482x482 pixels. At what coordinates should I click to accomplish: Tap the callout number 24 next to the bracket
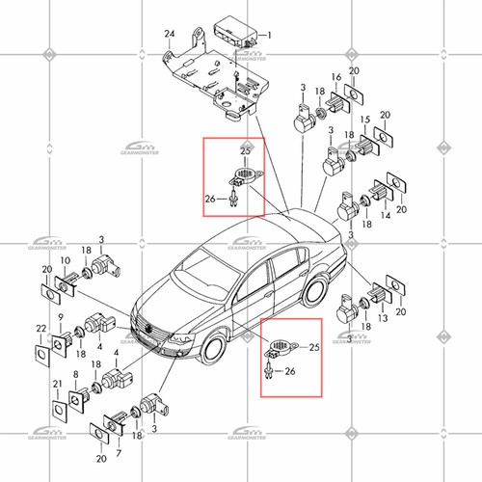click(170, 34)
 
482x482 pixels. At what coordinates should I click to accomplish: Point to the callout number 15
click(365, 120)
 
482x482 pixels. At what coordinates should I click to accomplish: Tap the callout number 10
click(65, 261)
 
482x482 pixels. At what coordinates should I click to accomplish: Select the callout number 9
click(60, 319)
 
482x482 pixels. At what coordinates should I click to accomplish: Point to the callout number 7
click(117, 449)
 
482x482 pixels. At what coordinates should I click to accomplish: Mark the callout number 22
click(40, 331)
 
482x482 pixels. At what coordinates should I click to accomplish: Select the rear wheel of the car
click(317, 290)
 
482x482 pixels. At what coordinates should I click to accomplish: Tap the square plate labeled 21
click(59, 410)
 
